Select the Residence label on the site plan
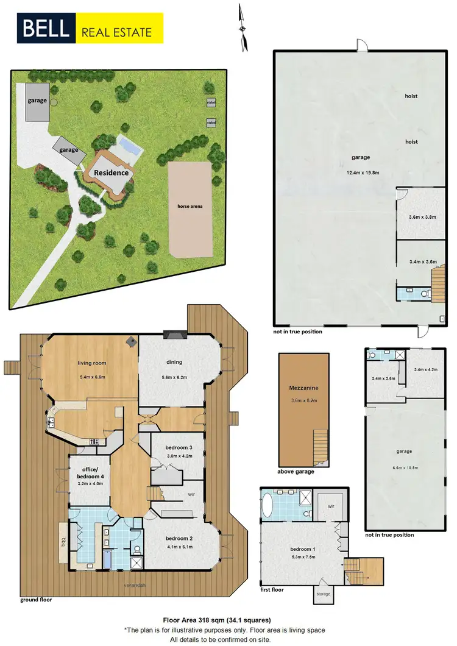tap(111, 172)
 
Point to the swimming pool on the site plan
tap(129, 146)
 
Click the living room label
tap(91, 363)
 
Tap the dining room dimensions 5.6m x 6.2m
tap(174, 378)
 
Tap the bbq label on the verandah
tap(63, 540)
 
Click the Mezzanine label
tap(303, 388)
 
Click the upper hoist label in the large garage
tap(411, 96)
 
